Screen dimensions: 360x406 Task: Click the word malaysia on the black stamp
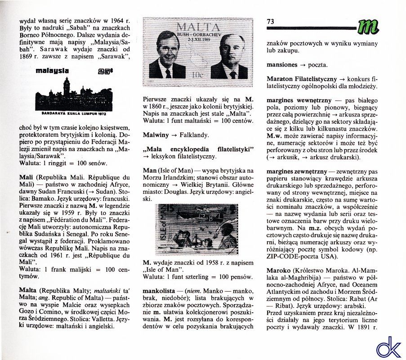52,71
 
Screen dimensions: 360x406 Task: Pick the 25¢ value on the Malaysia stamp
105,71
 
